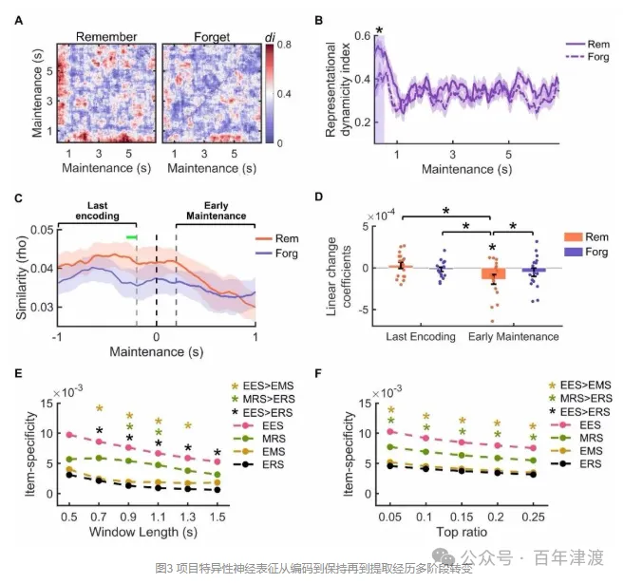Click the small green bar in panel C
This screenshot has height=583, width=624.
[132, 236]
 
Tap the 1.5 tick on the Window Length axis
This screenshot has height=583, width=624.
[217, 516]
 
